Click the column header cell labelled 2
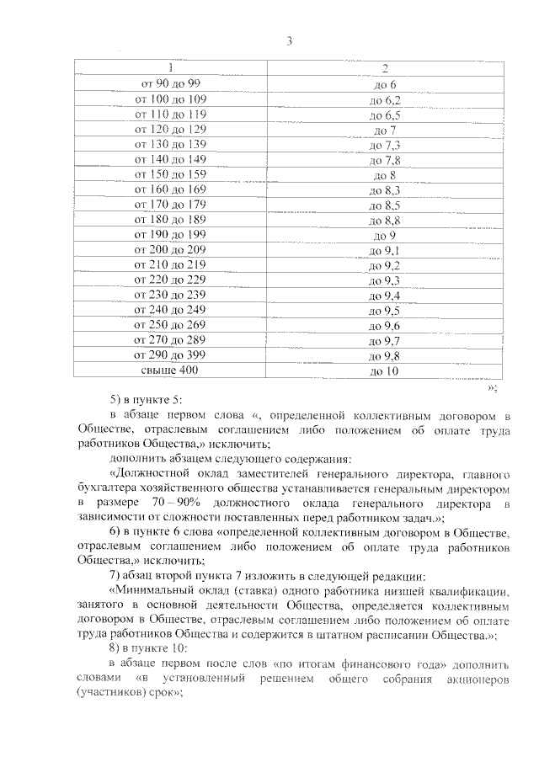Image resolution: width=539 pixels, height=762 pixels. pos(384,68)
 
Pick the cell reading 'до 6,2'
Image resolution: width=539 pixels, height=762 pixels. pos(384,99)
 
